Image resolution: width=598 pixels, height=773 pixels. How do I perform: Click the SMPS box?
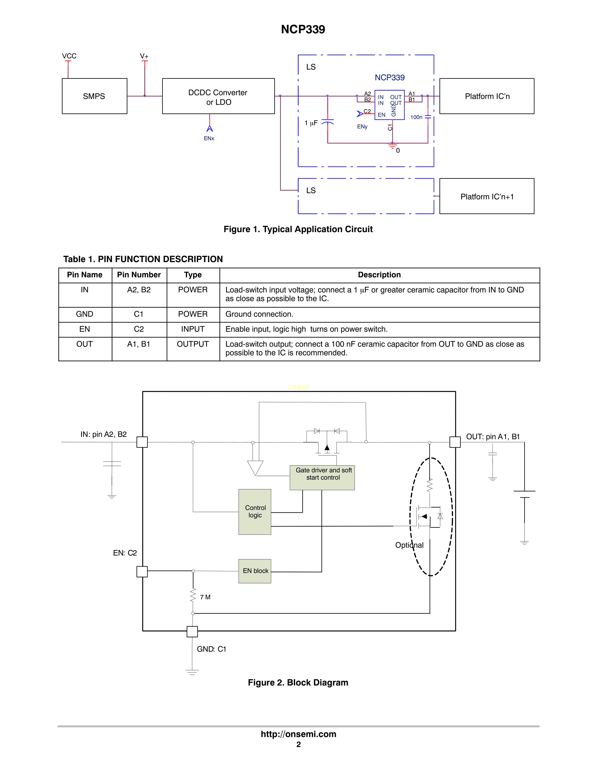coord(94,96)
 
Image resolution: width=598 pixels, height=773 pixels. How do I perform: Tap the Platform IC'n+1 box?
coord(487,197)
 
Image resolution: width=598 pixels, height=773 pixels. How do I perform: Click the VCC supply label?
coord(69,56)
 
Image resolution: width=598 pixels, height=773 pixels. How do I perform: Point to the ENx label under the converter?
coord(209,138)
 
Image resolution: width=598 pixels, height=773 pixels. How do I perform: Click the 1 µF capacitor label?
coord(311,123)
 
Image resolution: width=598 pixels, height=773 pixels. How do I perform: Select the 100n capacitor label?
coord(416,117)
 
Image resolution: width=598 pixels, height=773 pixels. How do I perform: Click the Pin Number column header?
coord(139,275)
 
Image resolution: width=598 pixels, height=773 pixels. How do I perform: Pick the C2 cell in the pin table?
coord(139,329)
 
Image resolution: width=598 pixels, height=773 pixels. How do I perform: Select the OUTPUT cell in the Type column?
coord(193,344)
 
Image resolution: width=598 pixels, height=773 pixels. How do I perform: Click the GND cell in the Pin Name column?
coord(85,314)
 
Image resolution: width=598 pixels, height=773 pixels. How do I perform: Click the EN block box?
coord(255,571)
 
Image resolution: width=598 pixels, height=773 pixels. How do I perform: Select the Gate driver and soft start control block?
coord(322,477)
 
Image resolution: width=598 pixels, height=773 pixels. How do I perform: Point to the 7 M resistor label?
coord(205,597)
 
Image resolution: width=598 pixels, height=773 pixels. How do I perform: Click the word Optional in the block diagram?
coord(409,545)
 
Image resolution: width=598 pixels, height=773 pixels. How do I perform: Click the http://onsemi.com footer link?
coord(298,734)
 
